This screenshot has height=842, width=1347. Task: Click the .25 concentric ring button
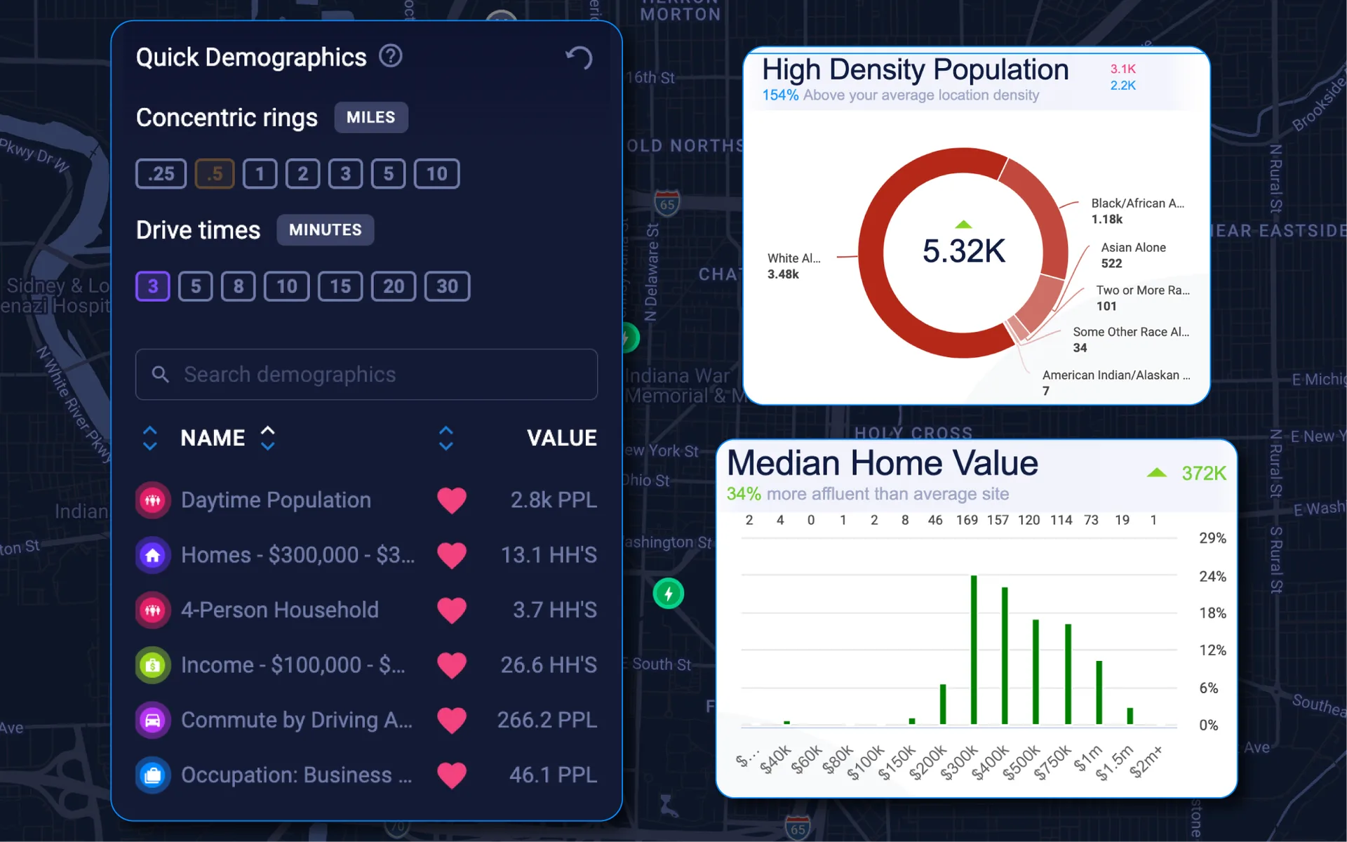pyautogui.click(x=161, y=174)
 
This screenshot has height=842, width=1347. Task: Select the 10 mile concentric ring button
pyautogui.click(x=436, y=174)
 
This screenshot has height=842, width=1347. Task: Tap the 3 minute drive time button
pyautogui.click(x=153, y=286)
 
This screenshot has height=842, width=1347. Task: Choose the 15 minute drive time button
pyautogui.click(x=340, y=286)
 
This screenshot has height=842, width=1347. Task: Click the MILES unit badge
pyautogui.click(x=370, y=117)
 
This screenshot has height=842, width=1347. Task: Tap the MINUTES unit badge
pyautogui.click(x=325, y=230)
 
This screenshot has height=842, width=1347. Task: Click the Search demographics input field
pyautogui.click(x=366, y=375)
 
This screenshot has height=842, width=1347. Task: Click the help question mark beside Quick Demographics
pyautogui.click(x=391, y=56)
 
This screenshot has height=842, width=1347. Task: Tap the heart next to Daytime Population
pyautogui.click(x=452, y=500)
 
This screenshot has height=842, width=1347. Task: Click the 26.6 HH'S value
pyautogui.click(x=549, y=665)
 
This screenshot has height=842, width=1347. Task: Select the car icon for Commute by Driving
pyautogui.click(x=153, y=720)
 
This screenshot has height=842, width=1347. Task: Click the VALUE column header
pyautogui.click(x=561, y=438)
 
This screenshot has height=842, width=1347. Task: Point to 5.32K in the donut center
pyautogui.click(x=963, y=251)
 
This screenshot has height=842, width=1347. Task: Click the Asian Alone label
pyautogui.click(x=1133, y=248)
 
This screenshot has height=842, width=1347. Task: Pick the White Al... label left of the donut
pyautogui.click(x=793, y=258)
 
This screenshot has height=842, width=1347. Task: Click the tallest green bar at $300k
pyautogui.click(x=974, y=649)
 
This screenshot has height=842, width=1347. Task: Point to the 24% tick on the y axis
pyautogui.click(x=1212, y=576)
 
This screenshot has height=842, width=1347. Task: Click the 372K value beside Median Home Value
pyautogui.click(x=1203, y=474)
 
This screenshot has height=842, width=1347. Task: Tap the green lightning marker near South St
pyautogui.click(x=669, y=594)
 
